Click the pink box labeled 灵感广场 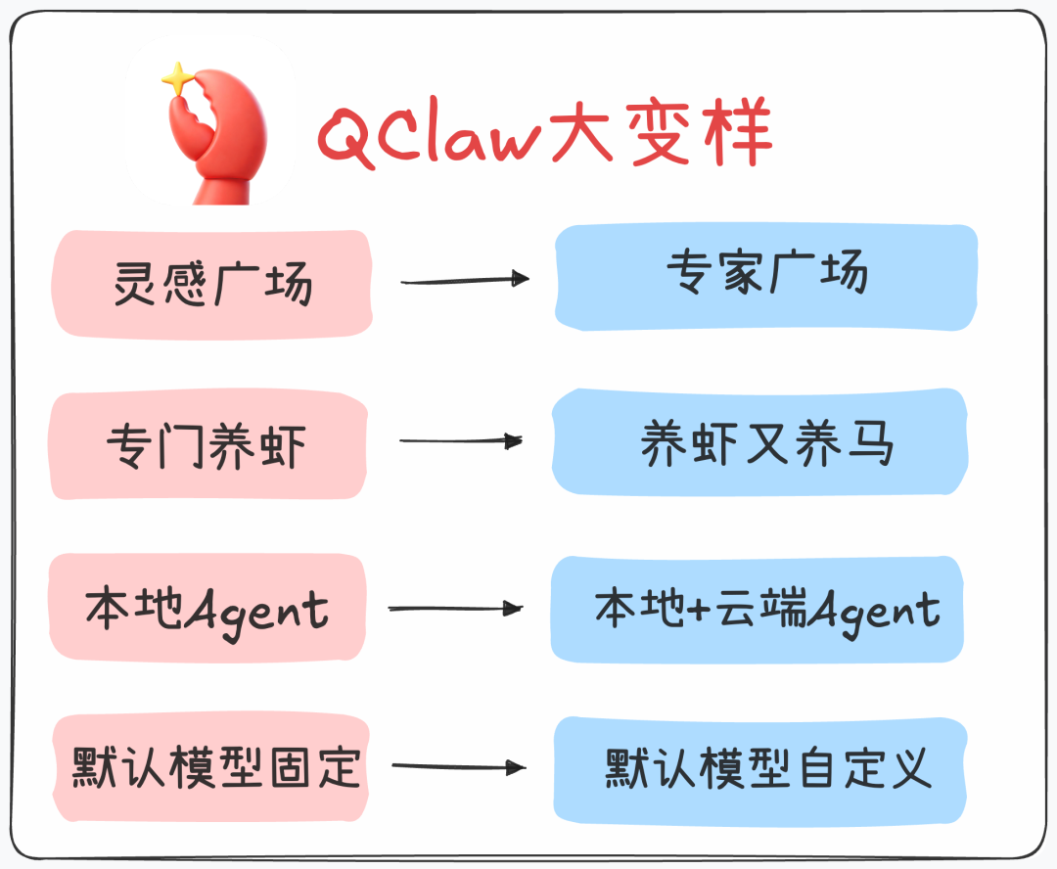[211, 284]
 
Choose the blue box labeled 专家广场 [766, 277]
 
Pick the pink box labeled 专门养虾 [207, 445]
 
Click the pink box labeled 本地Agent [207, 609]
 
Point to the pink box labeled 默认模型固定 [211, 767]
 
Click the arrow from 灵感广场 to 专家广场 [465, 281]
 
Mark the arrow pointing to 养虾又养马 [460, 441]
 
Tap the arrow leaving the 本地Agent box [456, 609]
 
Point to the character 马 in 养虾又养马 [871, 443]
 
